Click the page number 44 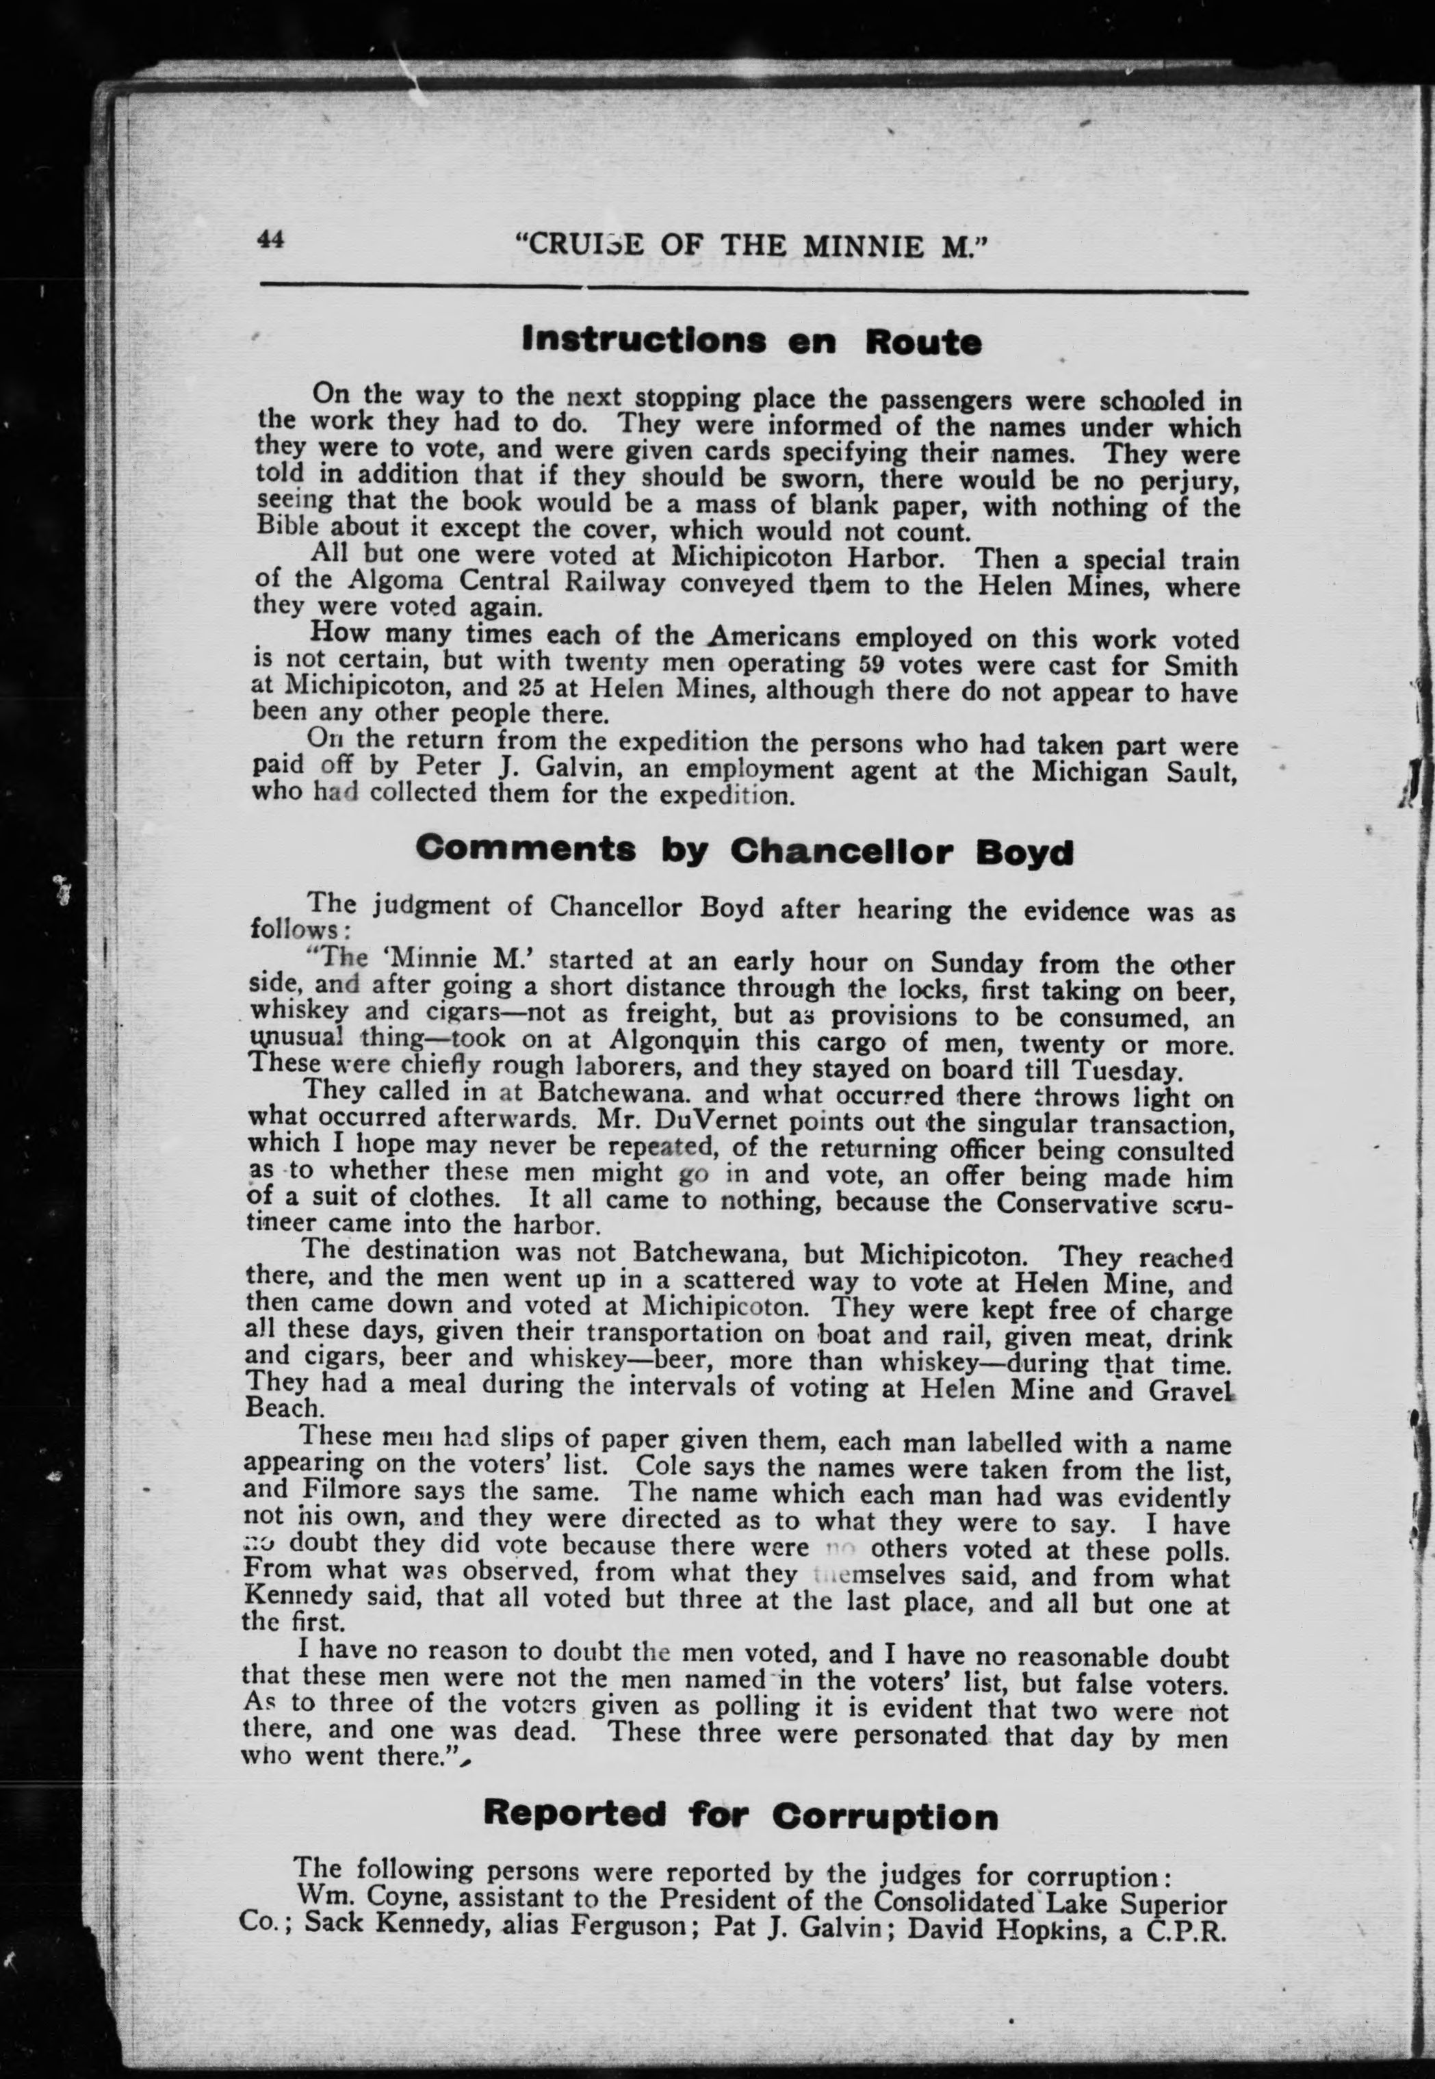[270, 238]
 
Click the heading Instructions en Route [751, 342]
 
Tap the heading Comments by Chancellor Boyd [745, 850]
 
